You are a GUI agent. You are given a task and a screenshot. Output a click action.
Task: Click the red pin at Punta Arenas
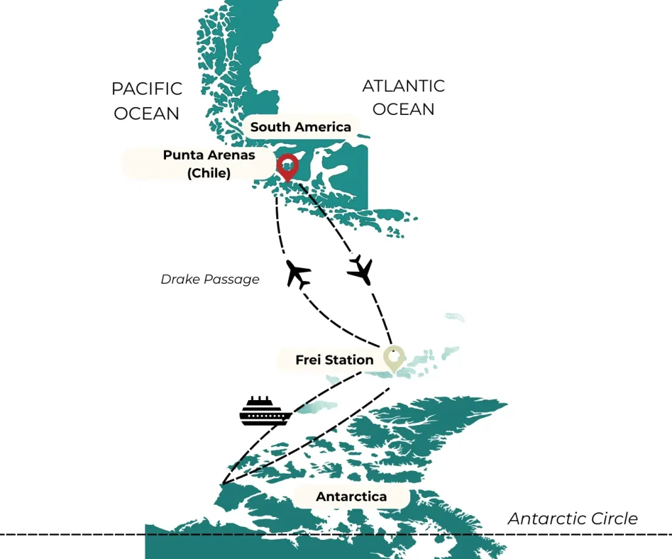[x=287, y=166]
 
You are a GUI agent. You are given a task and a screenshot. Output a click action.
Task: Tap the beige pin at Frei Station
[x=393, y=359]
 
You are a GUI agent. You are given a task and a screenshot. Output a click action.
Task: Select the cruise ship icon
[x=265, y=411]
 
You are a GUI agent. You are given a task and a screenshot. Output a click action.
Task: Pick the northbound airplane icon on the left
[x=299, y=274]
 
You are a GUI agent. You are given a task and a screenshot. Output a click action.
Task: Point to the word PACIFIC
[x=147, y=89]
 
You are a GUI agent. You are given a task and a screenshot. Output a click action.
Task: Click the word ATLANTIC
[x=403, y=86]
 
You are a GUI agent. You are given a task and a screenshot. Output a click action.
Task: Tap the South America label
[x=301, y=127]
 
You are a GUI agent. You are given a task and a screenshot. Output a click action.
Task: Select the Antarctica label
[x=351, y=497]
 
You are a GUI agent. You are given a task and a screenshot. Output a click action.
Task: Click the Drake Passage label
[x=210, y=279]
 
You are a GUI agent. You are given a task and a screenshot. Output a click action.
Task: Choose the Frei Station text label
[x=334, y=359]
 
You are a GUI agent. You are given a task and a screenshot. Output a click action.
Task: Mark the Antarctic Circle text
[x=572, y=519]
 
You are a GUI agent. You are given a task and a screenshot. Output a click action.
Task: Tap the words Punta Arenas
[x=209, y=156]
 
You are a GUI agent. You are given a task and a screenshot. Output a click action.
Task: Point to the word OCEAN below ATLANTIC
[x=403, y=109]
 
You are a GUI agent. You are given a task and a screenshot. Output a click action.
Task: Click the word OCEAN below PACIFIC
[x=146, y=113]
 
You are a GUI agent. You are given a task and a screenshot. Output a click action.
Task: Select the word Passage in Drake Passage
[x=232, y=279]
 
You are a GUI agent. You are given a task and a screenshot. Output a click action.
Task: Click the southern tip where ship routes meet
[x=223, y=484]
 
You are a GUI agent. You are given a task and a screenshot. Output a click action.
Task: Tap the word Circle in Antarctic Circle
[x=614, y=519]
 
